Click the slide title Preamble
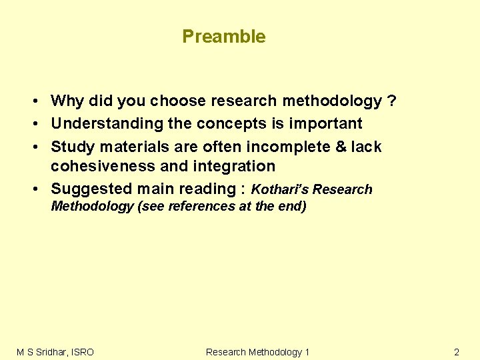point(223,37)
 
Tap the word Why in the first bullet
point(67,101)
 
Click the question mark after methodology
point(392,101)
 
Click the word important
point(325,123)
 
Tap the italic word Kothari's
point(280,189)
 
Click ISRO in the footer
point(80,352)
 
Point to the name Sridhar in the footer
point(48,352)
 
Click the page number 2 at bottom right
point(457,352)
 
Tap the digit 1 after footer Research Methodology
point(307,352)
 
